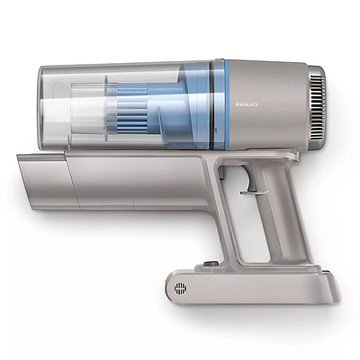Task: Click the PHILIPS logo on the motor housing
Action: (247, 104)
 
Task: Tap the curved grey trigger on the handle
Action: (251, 179)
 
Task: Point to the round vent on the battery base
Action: (181, 289)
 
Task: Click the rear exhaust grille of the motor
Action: (318, 105)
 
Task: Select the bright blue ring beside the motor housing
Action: (227, 104)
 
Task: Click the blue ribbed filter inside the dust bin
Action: (131, 110)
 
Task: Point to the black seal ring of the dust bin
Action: (212, 104)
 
